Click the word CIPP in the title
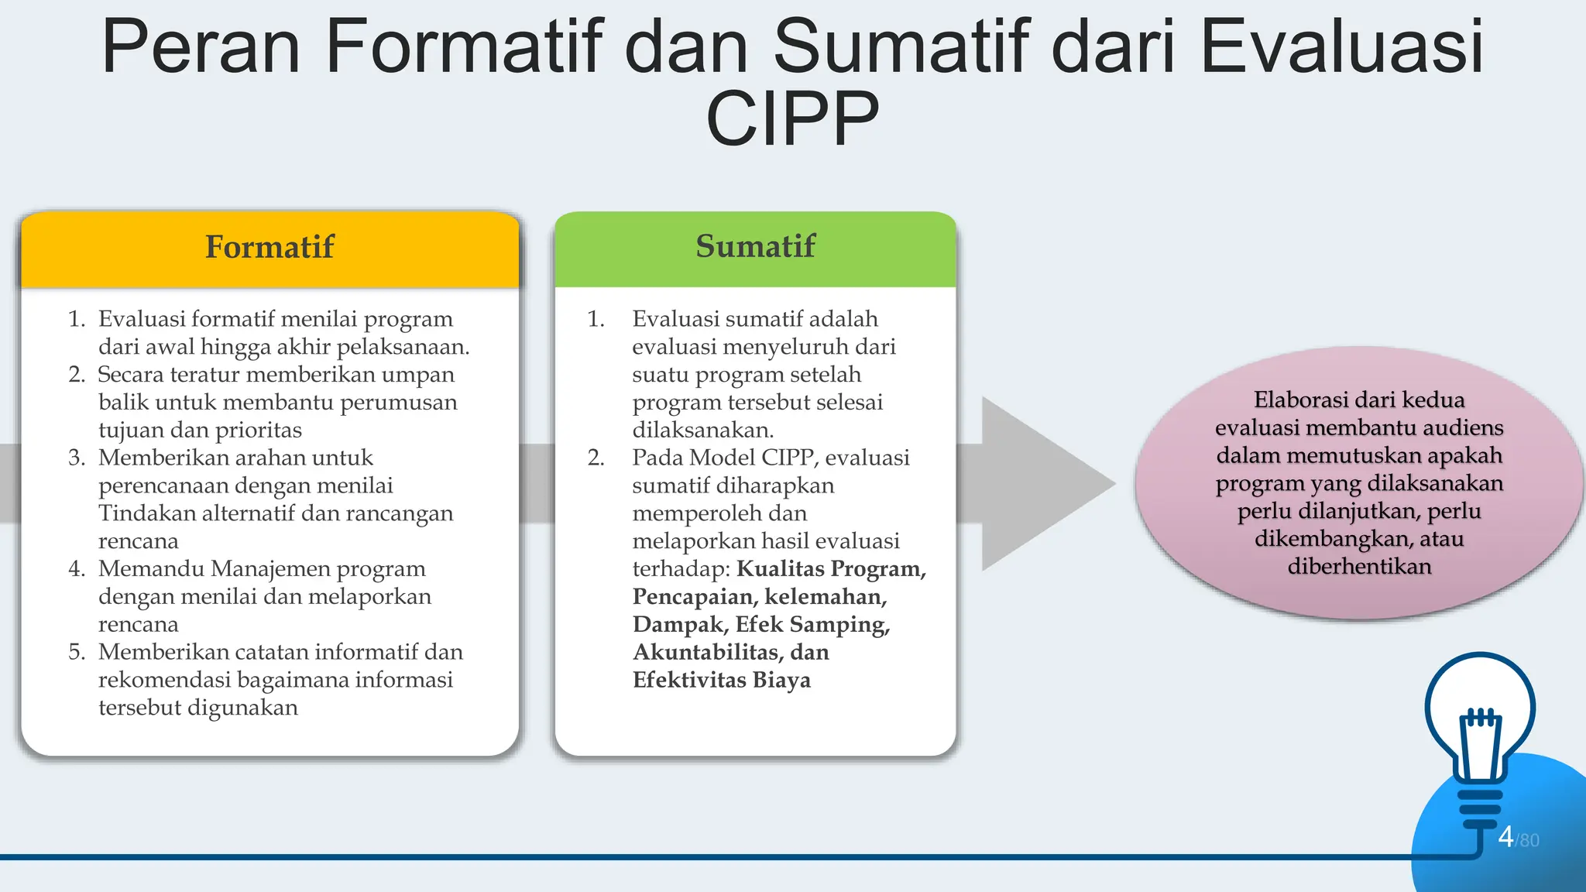792,118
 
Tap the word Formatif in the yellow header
269,247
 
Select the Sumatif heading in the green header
755,246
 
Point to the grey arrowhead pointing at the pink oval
1045,484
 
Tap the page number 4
1505,836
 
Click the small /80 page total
1528,840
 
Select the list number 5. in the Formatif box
77,652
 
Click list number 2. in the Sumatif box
596,458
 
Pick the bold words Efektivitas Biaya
722,680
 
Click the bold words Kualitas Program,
832,568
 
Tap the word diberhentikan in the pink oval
1359,566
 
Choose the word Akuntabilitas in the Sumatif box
708,652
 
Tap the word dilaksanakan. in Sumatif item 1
703,430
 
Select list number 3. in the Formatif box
77,458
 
